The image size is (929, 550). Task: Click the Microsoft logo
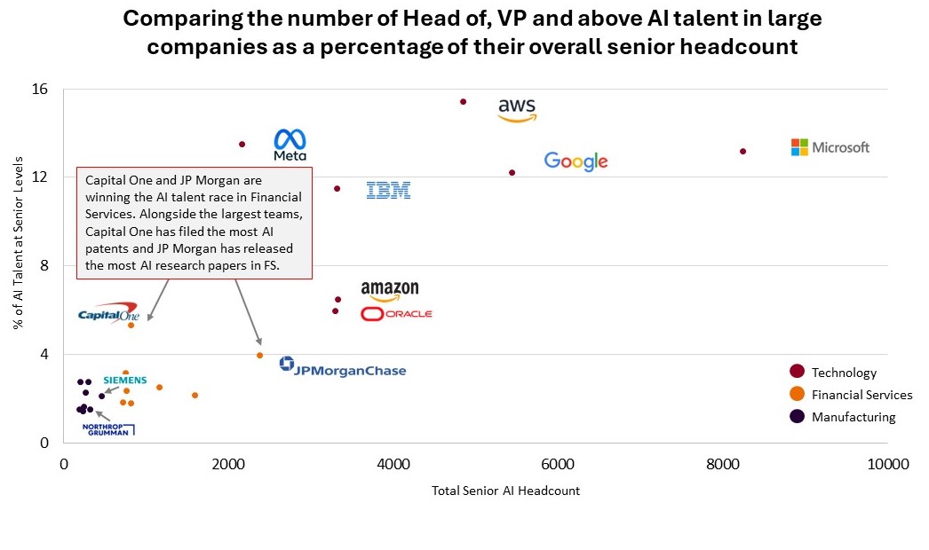830,147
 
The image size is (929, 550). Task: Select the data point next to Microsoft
743,152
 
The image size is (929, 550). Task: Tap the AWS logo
517,110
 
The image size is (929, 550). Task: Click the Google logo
576,161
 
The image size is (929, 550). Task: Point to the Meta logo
290,145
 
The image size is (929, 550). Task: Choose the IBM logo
389,190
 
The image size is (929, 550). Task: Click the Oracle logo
397,314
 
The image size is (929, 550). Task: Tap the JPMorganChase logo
343,366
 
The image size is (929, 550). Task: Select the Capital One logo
107,313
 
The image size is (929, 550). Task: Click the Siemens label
125,380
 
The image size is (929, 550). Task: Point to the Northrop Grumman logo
107,429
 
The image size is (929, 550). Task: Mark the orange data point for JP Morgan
260,355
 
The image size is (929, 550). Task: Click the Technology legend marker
797,372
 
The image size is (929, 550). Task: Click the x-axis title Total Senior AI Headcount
505,491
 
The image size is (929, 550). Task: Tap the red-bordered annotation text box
195,223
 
